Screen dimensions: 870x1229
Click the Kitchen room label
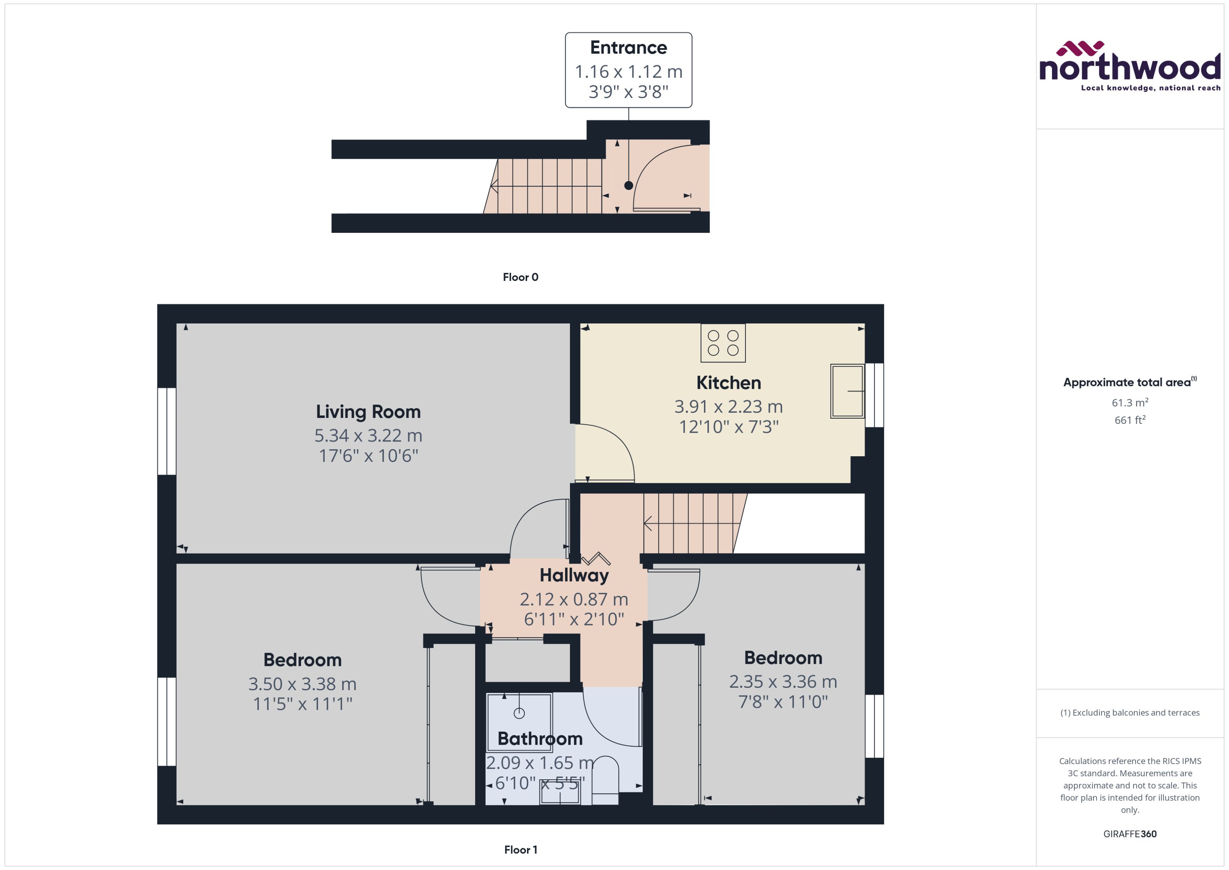pyautogui.click(x=728, y=382)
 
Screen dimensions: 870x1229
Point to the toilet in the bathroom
pyautogui.click(x=605, y=779)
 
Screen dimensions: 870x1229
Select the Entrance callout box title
pyautogui.click(x=628, y=48)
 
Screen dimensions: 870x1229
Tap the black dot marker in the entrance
pyautogui.click(x=628, y=185)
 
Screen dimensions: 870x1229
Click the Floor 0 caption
pyautogui.click(x=520, y=277)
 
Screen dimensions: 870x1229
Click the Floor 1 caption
pyautogui.click(x=520, y=850)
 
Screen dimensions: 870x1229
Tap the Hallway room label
pyautogui.click(x=574, y=575)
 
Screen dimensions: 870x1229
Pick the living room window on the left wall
pyautogui.click(x=166, y=431)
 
